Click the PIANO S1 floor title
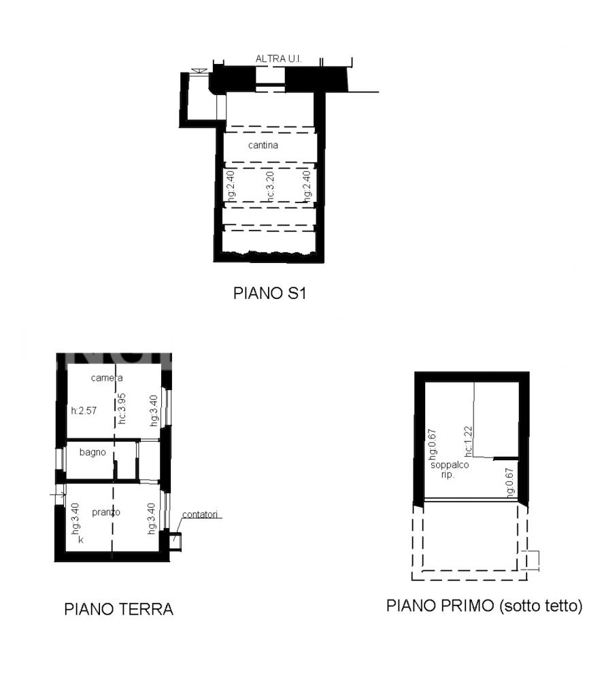click(269, 293)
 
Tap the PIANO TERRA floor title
click(118, 609)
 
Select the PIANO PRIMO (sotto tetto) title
click(484, 606)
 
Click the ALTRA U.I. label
click(278, 58)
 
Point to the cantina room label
click(263, 145)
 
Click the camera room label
click(107, 378)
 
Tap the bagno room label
click(93, 452)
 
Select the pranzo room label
click(105, 512)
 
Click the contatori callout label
click(200, 515)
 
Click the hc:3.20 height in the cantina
click(270, 186)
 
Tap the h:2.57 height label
click(84, 411)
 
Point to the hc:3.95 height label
click(122, 408)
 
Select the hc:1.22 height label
click(468, 442)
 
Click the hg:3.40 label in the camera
click(153, 411)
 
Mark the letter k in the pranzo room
click(81, 540)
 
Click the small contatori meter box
click(175, 541)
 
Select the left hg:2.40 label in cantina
click(231, 186)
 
